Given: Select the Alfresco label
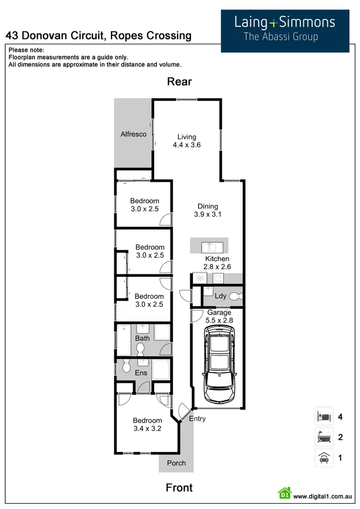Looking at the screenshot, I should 133,134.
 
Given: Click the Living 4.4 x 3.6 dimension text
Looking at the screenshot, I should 187,144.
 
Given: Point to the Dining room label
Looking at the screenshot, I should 207,207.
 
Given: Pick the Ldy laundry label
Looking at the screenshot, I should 220,296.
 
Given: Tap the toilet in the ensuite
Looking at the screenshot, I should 127,367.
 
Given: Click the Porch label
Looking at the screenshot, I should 176,463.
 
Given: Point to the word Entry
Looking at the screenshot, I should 197,419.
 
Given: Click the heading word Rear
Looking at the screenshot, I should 180,82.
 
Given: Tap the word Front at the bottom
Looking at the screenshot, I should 179,487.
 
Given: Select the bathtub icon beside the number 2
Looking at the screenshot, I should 322,438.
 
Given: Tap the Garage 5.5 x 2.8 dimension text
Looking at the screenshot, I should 219,317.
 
